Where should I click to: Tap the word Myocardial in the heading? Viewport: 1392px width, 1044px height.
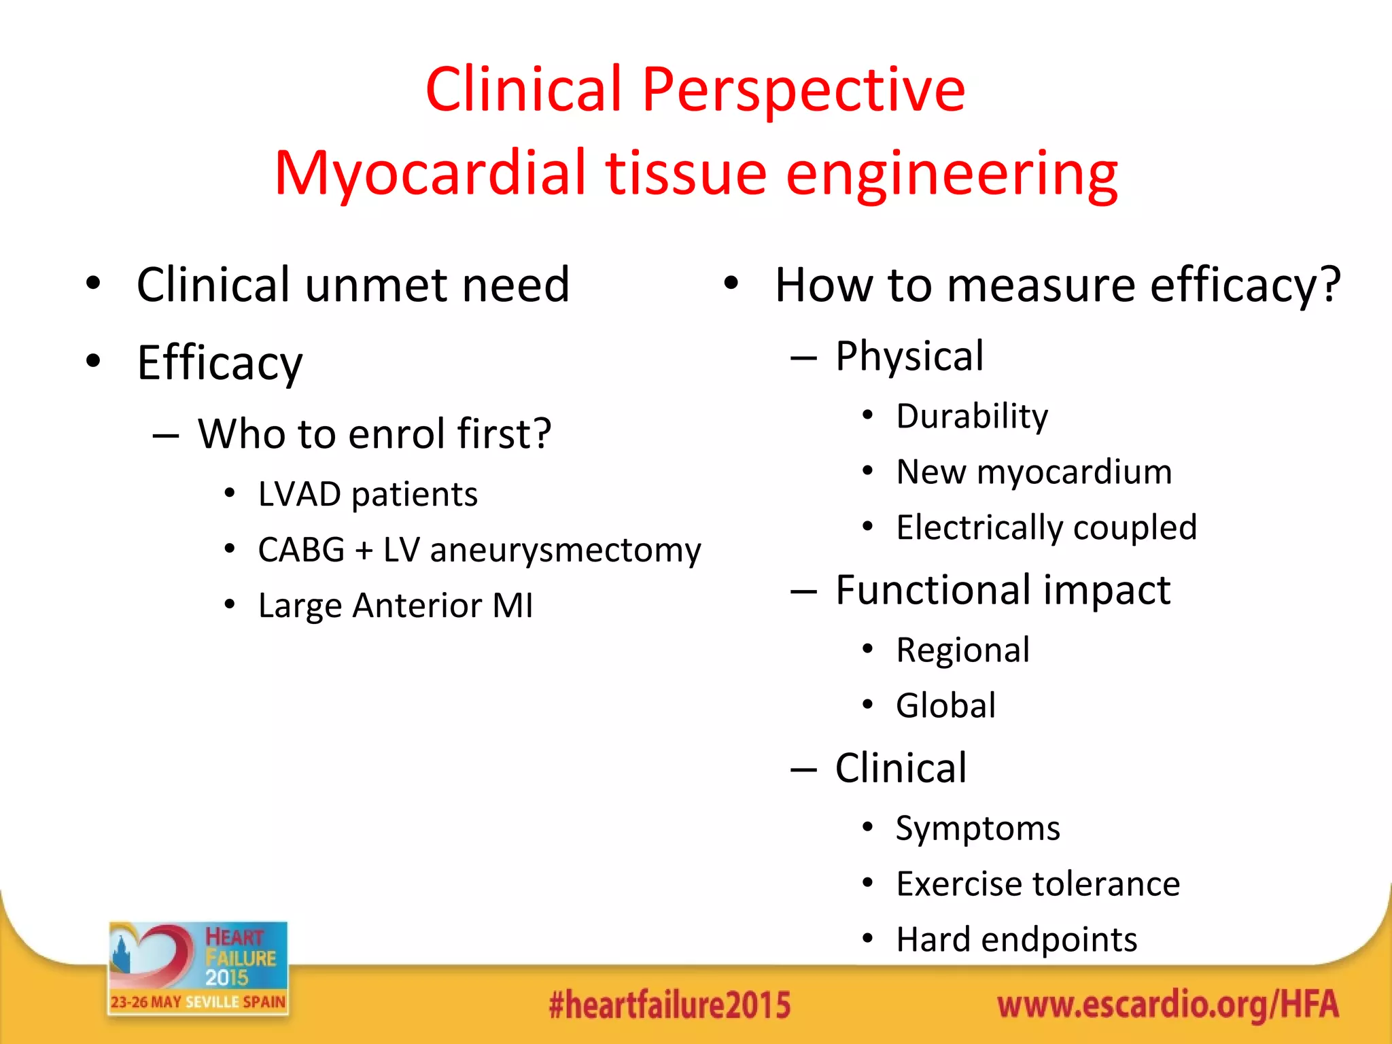(430, 173)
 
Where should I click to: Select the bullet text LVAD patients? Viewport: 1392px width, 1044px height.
(368, 494)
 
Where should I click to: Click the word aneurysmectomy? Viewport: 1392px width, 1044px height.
(565, 550)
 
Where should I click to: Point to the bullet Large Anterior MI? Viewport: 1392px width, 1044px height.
(396, 606)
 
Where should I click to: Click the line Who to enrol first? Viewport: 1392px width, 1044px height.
(375, 434)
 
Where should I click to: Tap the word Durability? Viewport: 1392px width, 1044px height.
(972, 416)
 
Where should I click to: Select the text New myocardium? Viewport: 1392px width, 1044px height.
(1034, 472)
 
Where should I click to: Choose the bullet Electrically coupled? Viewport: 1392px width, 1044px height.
(1046, 527)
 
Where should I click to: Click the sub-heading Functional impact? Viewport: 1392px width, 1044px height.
(1003, 589)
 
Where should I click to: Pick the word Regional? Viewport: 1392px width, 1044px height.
(962, 650)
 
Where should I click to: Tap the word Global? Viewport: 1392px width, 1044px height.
(945, 706)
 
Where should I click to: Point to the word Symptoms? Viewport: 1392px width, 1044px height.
(977, 829)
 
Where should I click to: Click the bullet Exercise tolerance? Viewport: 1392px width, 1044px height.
(1038, 884)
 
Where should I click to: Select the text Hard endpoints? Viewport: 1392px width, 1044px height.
(1016, 940)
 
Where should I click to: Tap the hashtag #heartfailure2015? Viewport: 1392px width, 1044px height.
(669, 1005)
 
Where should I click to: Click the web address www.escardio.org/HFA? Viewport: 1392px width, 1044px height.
(1168, 1005)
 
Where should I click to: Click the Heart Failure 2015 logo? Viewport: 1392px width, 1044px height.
(198, 967)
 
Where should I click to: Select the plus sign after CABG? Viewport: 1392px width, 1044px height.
(364, 551)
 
